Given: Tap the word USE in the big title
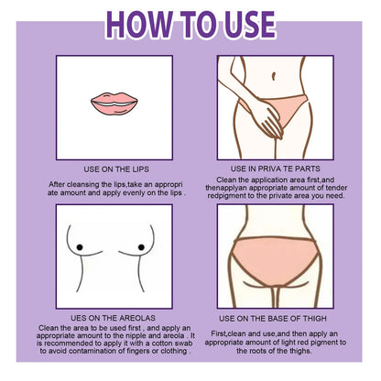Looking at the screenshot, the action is pos(250,25).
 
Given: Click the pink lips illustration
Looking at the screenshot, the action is pos(114,104).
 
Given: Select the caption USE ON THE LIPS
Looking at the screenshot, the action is pos(116,169).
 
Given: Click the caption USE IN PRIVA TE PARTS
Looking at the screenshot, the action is pos(276,169).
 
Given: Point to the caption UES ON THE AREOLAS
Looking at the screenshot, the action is pos(113,318).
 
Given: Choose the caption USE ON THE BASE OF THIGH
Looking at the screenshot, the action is pos(273,319).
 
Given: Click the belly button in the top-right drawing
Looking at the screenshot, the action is pos(274,76).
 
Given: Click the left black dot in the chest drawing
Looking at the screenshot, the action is pos(80,247).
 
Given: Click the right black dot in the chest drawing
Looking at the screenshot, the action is pos(141,247).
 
